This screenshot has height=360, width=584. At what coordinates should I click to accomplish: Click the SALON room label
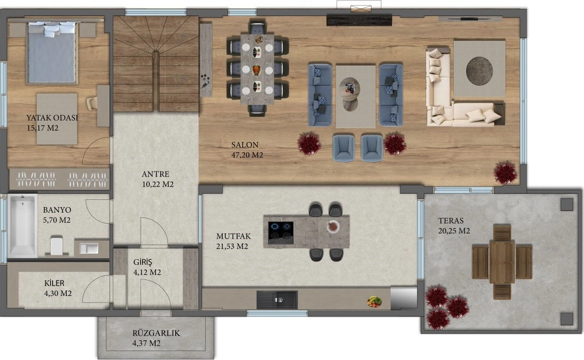[x=244, y=145]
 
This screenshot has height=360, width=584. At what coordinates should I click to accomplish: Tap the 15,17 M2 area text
[x=42, y=128]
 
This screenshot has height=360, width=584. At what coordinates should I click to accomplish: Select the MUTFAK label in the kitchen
[x=234, y=236]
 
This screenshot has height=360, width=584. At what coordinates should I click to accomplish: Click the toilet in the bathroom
[x=57, y=245]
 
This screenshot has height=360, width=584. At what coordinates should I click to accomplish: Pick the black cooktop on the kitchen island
[x=281, y=232]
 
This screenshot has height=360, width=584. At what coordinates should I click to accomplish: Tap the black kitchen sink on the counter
[x=276, y=300]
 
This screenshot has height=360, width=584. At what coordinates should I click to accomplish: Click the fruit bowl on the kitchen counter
[x=374, y=301]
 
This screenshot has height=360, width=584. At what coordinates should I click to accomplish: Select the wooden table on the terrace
[x=502, y=262]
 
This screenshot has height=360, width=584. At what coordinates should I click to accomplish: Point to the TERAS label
[x=451, y=221]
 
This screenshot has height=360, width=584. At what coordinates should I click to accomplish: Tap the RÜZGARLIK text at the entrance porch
[x=156, y=333]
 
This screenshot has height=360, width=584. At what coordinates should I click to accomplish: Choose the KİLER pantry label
[x=54, y=284]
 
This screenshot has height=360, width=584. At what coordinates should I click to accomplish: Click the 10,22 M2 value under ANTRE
[x=158, y=184]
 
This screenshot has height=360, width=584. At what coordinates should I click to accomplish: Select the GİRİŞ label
[x=143, y=262]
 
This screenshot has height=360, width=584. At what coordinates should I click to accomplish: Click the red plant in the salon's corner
[x=505, y=173]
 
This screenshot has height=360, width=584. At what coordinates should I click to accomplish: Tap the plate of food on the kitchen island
[x=333, y=226]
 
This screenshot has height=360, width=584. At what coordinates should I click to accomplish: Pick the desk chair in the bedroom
[x=92, y=103]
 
